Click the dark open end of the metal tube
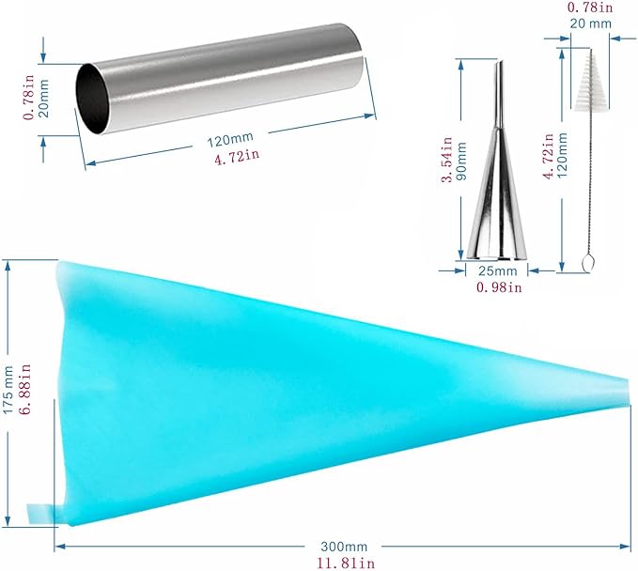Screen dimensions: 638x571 [93, 99]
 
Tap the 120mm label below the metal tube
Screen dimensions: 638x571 [230, 140]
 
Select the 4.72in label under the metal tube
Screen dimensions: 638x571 [237, 156]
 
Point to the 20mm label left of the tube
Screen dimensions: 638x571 [43, 98]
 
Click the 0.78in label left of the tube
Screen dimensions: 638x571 [28, 97]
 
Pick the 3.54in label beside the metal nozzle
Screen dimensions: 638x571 [446, 160]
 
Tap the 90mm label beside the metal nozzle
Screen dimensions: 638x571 [461, 161]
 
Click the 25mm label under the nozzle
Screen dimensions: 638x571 [497, 270]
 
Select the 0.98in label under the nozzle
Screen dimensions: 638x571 [499, 287]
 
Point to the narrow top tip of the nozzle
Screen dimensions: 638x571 [500, 63]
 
